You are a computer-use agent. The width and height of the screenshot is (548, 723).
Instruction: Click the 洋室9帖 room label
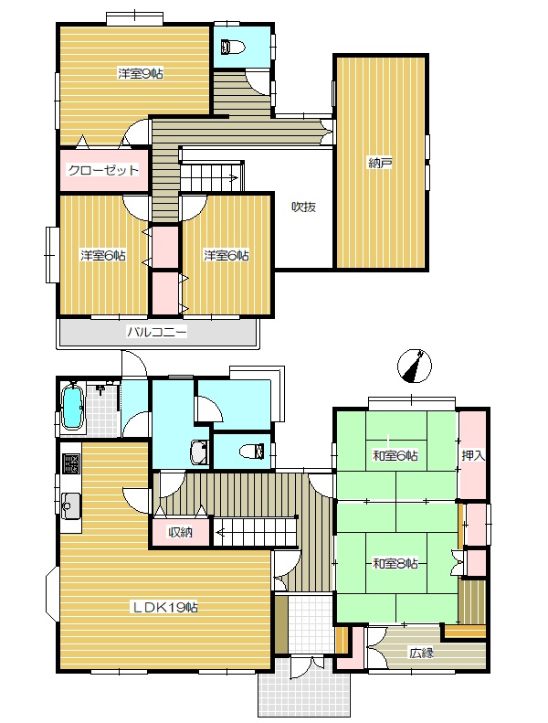[x=140, y=73]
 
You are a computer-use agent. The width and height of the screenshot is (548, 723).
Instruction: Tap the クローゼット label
[x=103, y=170]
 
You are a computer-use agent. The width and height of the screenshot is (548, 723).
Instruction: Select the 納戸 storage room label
[x=380, y=163]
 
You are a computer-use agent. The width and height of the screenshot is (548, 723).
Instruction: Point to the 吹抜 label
[x=304, y=207]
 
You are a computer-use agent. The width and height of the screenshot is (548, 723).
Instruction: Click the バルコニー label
[x=157, y=332]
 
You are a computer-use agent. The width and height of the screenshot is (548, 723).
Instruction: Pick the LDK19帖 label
[x=165, y=607]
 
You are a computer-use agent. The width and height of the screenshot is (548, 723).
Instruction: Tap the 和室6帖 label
[x=395, y=456]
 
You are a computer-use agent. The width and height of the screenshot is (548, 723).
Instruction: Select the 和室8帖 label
[x=395, y=563]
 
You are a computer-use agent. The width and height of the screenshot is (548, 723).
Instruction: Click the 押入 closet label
[x=473, y=455]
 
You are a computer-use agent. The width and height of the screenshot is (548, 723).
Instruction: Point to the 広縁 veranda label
[x=421, y=653]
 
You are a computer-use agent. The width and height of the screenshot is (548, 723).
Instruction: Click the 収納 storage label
[x=180, y=533]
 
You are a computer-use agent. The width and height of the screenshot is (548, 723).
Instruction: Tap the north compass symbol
[x=415, y=367]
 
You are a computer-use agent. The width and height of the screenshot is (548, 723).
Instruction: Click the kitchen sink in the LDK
[x=70, y=505]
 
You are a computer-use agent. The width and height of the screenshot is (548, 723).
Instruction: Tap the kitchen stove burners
[x=70, y=463]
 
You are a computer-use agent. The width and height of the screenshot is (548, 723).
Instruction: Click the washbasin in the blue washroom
[x=200, y=452]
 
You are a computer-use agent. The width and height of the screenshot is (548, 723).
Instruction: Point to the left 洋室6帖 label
[x=103, y=255]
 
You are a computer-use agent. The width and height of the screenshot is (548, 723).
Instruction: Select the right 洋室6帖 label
[x=227, y=255]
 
